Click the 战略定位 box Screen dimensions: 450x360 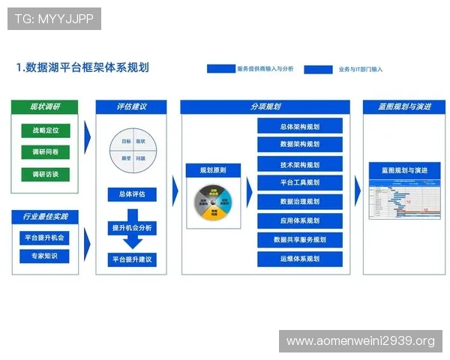(45, 130)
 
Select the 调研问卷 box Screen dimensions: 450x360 (45, 152)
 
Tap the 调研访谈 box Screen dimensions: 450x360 (45, 174)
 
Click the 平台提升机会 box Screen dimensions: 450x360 (44, 238)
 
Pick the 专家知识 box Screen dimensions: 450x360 (44, 256)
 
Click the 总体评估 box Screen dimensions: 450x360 (132, 195)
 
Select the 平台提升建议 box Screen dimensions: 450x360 (132, 259)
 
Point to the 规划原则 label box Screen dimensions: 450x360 (213, 171)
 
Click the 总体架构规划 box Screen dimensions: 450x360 (299, 126)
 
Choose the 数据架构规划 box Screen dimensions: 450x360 (299, 144)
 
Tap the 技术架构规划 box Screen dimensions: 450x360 (299, 164)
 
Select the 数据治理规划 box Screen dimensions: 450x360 (299, 202)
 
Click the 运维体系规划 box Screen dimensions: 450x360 (299, 259)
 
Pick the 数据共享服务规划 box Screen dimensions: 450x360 (299, 240)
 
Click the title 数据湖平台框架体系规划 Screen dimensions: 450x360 (82, 67)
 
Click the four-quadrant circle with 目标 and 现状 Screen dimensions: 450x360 (132, 150)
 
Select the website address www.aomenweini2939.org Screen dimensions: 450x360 (360, 341)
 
